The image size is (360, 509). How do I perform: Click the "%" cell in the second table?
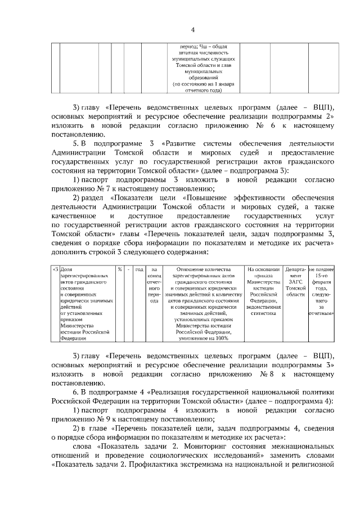[x=120, y=269]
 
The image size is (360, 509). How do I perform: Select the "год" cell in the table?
[x=140, y=269]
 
